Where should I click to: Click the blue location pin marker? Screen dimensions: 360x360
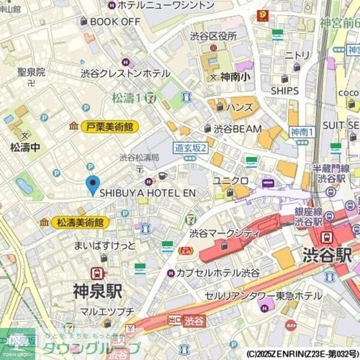92,184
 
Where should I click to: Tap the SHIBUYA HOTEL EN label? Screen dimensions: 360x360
148,193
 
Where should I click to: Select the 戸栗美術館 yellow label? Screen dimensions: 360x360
110,127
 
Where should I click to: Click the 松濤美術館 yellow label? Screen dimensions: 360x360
79,222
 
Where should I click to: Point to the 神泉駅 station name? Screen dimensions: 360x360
97,292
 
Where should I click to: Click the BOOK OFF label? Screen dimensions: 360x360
115,21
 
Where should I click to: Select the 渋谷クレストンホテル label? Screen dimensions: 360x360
125,73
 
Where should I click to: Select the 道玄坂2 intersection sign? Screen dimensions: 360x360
190,147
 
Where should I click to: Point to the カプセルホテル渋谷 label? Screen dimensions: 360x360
218,273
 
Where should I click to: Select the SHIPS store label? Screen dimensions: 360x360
284,91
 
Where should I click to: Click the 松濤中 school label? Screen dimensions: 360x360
25,146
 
